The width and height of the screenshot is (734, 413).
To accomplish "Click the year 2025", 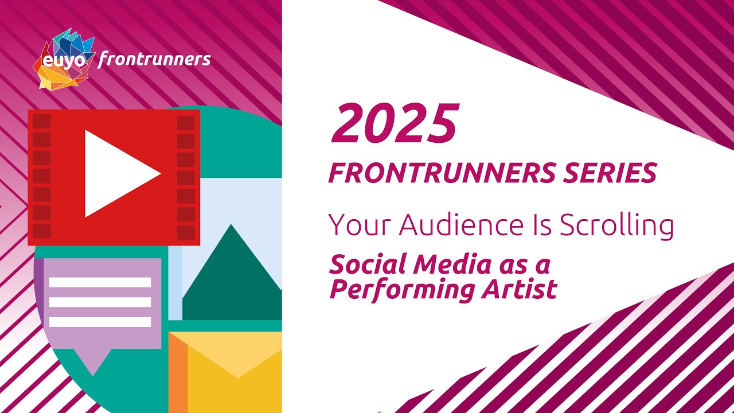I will point(395,124).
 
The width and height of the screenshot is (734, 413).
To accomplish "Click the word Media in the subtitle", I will point(451,264).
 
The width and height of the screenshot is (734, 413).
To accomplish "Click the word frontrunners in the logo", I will point(154,59).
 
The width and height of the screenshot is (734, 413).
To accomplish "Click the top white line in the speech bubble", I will point(100,282).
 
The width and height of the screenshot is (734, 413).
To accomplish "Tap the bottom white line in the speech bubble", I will point(100,322).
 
